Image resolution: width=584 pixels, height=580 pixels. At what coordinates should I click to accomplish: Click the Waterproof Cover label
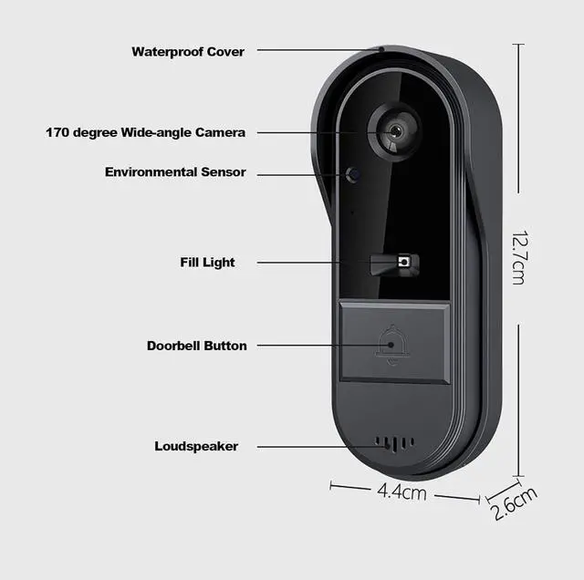(x=188, y=52)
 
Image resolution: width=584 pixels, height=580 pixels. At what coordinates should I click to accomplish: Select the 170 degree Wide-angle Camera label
(x=146, y=132)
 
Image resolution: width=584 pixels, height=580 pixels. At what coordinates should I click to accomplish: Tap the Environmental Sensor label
(x=175, y=171)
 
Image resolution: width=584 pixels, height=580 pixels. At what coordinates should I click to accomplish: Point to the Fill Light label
(x=207, y=263)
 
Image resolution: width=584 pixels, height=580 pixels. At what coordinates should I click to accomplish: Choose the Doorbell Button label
(x=196, y=346)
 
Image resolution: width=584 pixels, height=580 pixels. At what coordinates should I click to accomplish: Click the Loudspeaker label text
(x=196, y=446)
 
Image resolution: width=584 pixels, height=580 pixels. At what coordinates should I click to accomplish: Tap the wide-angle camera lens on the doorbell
(x=394, y=131)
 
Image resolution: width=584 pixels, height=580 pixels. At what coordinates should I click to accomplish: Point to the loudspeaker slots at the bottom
(x=393, y=444)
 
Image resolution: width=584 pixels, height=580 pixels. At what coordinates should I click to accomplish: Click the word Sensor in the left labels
(x=224, y=171)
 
